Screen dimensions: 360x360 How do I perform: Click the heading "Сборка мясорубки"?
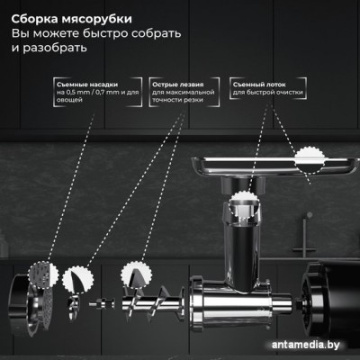(72, 19)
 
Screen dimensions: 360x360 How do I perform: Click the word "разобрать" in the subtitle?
(55, 48)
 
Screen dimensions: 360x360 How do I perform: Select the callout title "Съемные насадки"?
(87, 85)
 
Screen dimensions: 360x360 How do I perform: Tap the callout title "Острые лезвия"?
(177, 85)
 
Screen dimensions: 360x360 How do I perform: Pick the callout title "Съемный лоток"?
(259, 85)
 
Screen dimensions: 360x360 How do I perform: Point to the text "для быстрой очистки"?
(267, 93)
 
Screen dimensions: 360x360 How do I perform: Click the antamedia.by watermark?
(306, 345)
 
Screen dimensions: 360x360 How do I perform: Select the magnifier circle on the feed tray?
(310, 160)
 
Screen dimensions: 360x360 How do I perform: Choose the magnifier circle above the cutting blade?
(77, 280)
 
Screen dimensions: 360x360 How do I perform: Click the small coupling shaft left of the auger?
(102, 303)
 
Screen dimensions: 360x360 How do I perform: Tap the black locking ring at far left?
(19, 303)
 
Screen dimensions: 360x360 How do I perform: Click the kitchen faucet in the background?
(305, 235)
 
